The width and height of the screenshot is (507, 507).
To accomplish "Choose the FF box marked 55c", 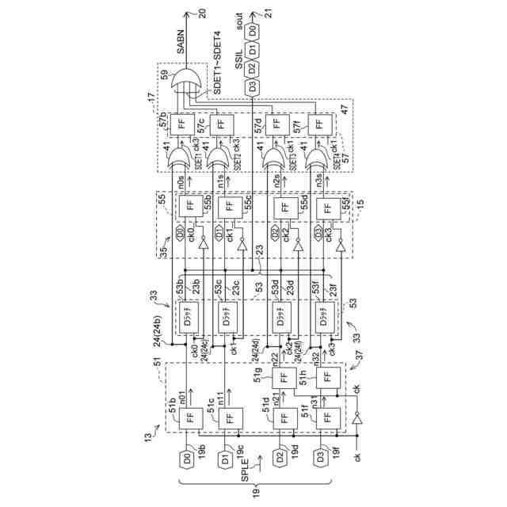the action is click(230, 208).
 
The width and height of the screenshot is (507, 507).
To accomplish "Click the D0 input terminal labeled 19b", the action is click(187, 458).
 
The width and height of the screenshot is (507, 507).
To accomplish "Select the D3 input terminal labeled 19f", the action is click(323, 458).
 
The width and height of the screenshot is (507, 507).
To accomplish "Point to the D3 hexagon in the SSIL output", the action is click(252, 87).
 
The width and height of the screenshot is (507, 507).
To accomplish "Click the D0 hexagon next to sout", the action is click(252, 31).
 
